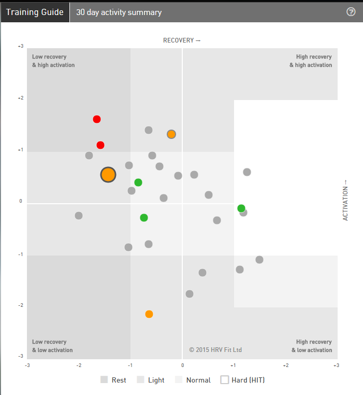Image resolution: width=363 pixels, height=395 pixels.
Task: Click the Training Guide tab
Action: pyautogui.click(x=35, y=12)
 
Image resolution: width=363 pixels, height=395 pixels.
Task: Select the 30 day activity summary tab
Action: pyautogui.click(x=119, y=12)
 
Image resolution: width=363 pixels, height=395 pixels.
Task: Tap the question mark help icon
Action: pyautogui.click(x=351, y=11)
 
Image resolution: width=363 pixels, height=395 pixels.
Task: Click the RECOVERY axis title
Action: pyautogui.click(x=182, y=40)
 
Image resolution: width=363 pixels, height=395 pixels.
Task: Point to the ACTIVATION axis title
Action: pyautogui.click(x=345, y=201)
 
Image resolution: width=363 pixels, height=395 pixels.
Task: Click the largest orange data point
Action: pyautogui.click(x=108, y=175)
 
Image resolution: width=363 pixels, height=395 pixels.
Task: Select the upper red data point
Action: pyautogui.click(x=96, y=119)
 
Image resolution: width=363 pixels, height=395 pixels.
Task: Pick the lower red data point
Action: pyautogui.click(x=100, y=145)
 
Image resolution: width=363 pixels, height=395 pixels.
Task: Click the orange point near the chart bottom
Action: pyautogui.click(x=149, y=314)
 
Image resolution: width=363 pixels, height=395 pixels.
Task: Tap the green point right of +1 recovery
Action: pyautogui.click(x=241, y=208)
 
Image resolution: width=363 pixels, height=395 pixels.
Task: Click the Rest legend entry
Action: pyautogui.click(x=113, y=380)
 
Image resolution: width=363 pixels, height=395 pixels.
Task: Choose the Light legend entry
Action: pyautogui.click(x=151, y=380)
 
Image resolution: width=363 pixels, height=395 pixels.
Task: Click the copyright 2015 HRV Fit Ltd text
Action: pyautogui.click(x=215, y=350)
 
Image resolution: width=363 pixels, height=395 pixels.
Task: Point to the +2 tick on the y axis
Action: pyautogui.click(x=21, y=98)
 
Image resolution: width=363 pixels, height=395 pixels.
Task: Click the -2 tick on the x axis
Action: pyautogui.click(x=79, y=365)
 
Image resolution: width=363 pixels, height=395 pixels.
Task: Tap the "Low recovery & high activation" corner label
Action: pyautogui.click(x=53, y=61)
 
